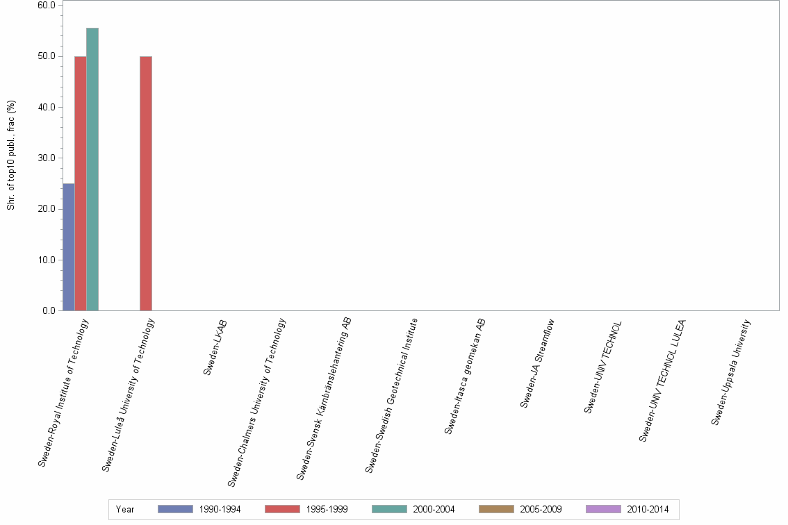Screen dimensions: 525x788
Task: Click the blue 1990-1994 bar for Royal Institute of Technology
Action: tap(69, 247)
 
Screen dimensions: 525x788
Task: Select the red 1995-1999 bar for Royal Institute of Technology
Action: tap(81, 183)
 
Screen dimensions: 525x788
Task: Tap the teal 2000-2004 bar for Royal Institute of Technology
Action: tap(92, 169)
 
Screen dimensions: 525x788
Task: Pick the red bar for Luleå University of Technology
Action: tap(146, 183)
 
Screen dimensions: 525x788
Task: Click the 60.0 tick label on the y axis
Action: tap(47, 5)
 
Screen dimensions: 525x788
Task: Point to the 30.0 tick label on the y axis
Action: tap(47, 158)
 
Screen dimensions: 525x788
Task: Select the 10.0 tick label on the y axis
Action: tap(47, 260)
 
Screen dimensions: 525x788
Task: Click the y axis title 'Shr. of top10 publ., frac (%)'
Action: tap(11, 156)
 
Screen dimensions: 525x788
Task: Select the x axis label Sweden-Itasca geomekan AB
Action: tap(465, 376)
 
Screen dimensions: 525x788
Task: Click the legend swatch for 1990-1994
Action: tap(175, 509)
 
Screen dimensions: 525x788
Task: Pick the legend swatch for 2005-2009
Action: tap(496, 509)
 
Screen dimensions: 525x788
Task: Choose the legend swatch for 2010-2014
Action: tap(603, 509)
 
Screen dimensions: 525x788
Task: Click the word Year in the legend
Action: tap(126, 510)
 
